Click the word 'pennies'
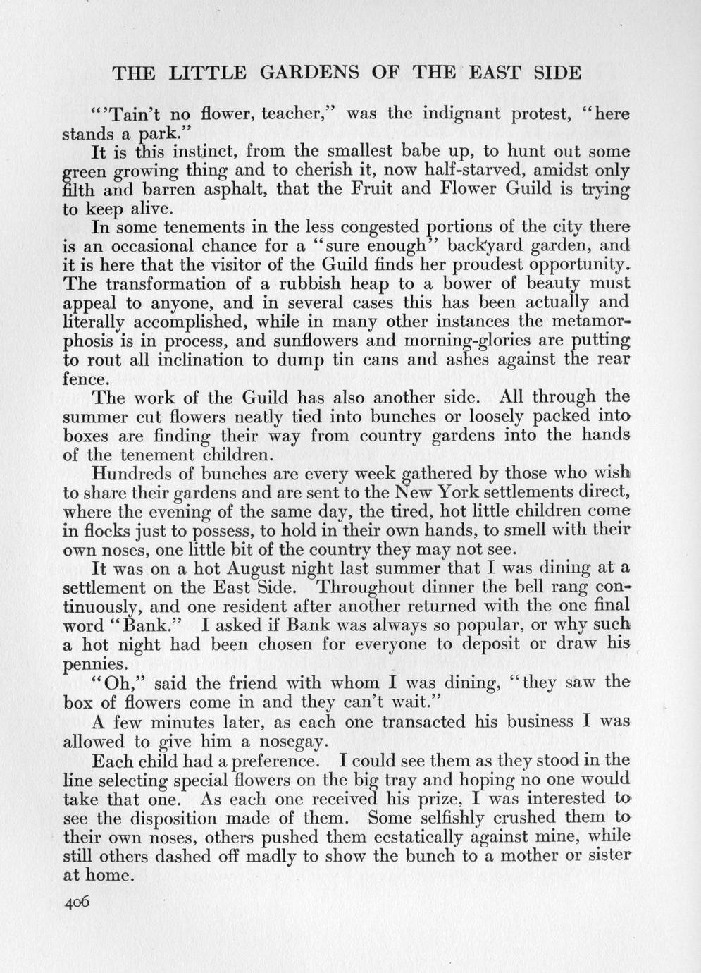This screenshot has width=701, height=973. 94,663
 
